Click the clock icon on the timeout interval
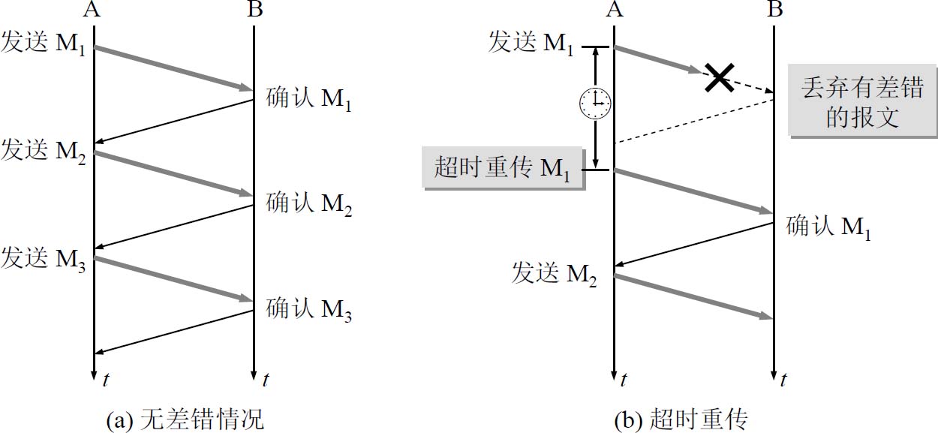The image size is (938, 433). tap(595, 103)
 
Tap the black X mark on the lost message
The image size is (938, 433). tap(719, 77)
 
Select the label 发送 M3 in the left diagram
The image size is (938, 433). tap(44, 257)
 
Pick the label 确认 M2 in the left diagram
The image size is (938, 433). tap(308, 203)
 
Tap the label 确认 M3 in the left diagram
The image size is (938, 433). tap(308, 308)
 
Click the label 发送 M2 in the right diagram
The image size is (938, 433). tap(554, 274)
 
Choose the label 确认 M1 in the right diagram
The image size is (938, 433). tap(828, 227)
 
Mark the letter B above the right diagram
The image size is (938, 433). tap(776, 10)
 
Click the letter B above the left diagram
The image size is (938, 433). tap(254, 10)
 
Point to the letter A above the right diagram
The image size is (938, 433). tap(615, 10)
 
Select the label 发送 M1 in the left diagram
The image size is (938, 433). tap(44, 43)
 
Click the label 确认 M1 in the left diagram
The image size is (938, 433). tap(308, 99)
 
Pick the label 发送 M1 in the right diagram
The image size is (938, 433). tap(531, 43)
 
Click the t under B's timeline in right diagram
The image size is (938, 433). tap(783, 380)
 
